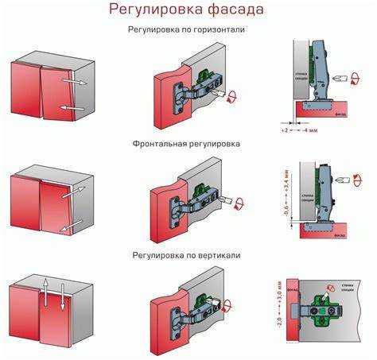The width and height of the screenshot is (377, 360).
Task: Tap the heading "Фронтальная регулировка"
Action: [187, 144]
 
